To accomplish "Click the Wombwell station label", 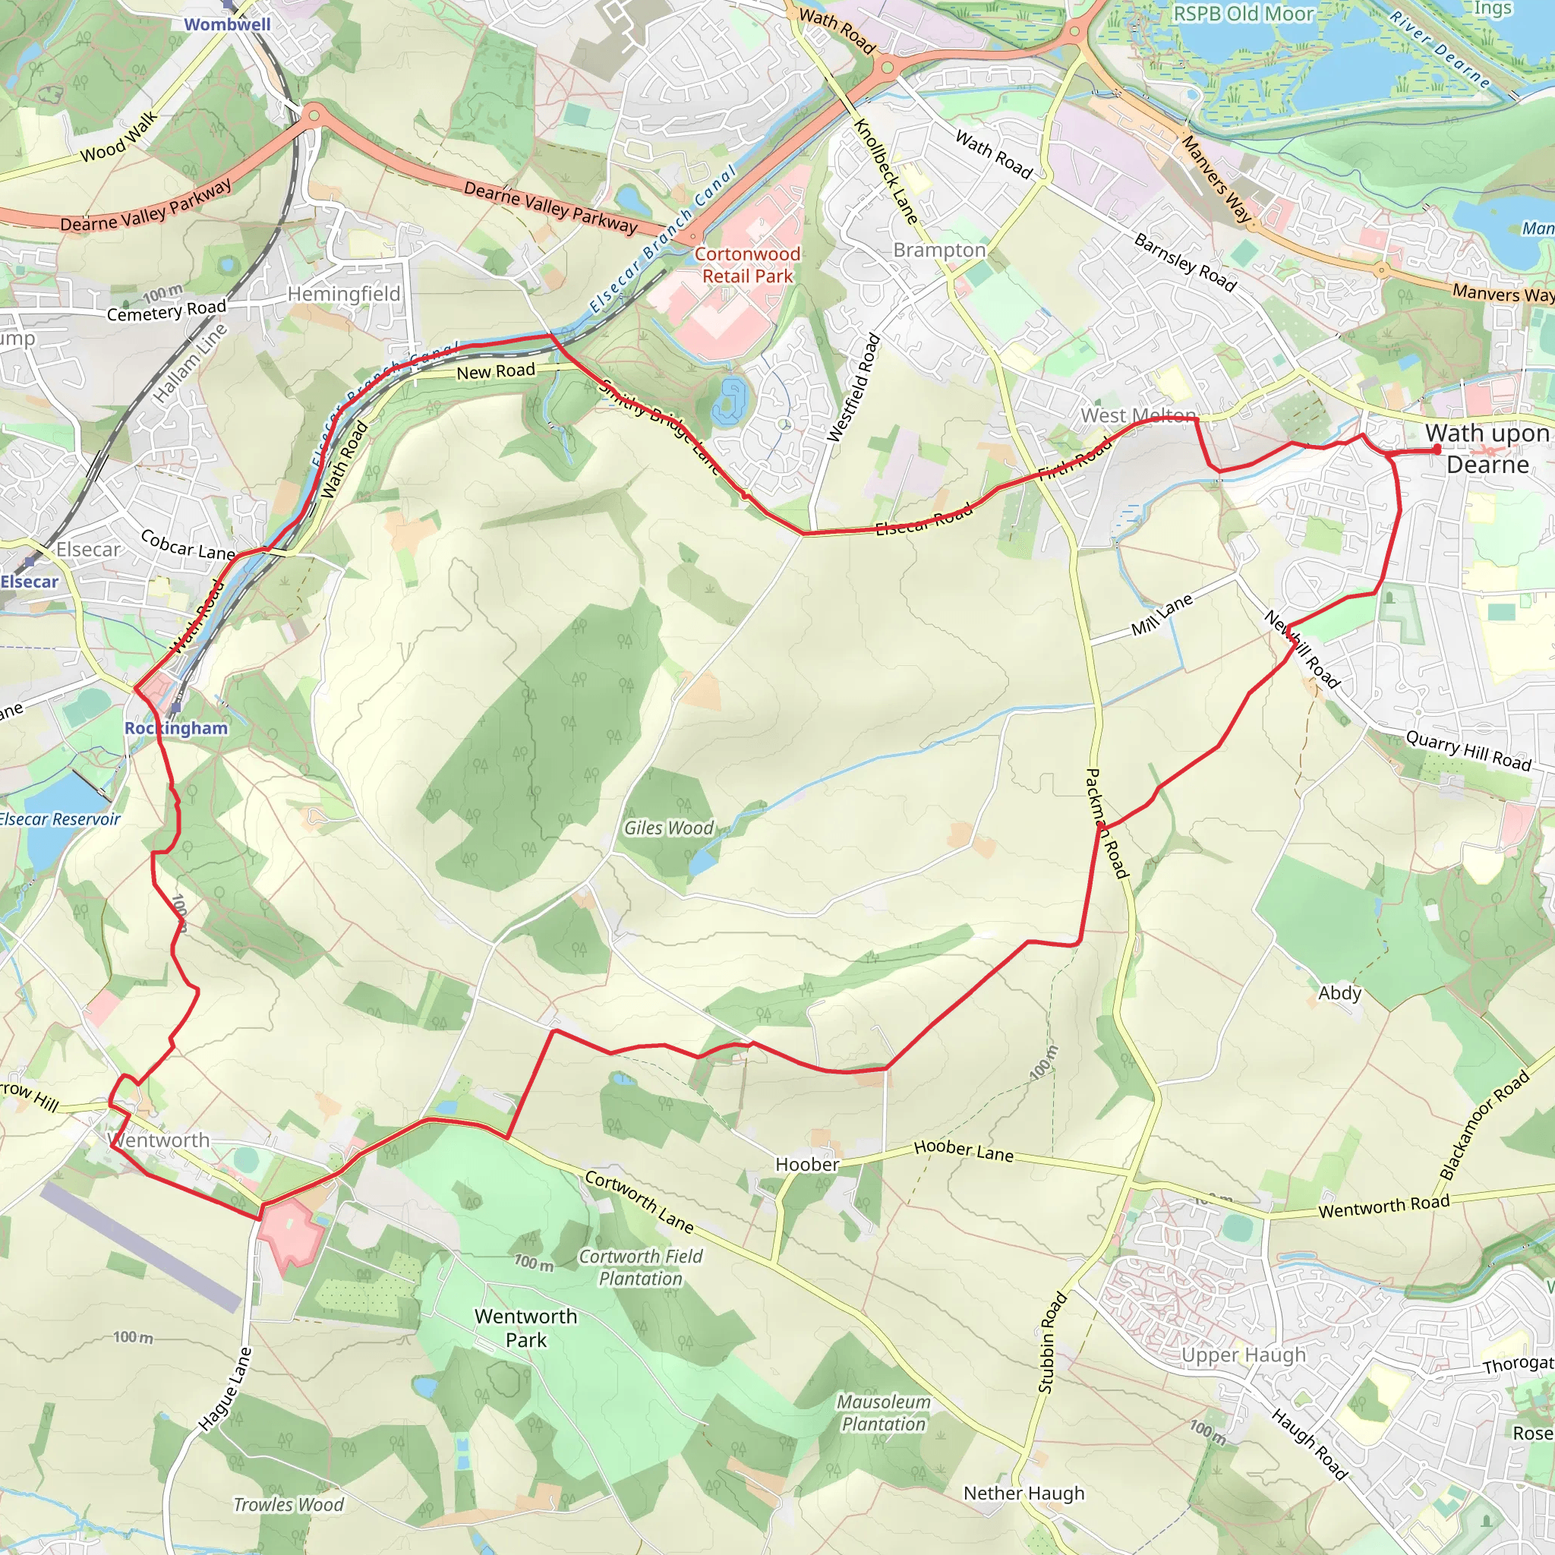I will [x=227, y=24].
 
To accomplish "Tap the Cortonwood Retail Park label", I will [x=747, y=265].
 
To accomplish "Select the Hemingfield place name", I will [x=344, y=294].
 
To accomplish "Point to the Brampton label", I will [x=939, y=250].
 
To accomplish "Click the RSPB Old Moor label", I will [x=1243, y=14].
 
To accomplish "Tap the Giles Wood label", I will [x=669, y=828].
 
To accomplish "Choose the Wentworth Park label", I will [x=525, y=1328].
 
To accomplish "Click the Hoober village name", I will [x=807, y=1164].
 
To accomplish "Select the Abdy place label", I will [x=1339, y=993].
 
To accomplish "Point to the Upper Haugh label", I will [x=1244, y=1355].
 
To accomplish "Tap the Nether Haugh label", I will [x=1024, y=1493].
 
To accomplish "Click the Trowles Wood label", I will [x=288, y=1504].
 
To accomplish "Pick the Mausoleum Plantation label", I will [x=884, y=1412].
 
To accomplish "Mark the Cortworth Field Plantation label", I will [x=641, y=1267].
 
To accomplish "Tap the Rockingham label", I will [x=175, y=727].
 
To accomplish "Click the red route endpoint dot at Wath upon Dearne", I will [x=1437, y=450].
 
